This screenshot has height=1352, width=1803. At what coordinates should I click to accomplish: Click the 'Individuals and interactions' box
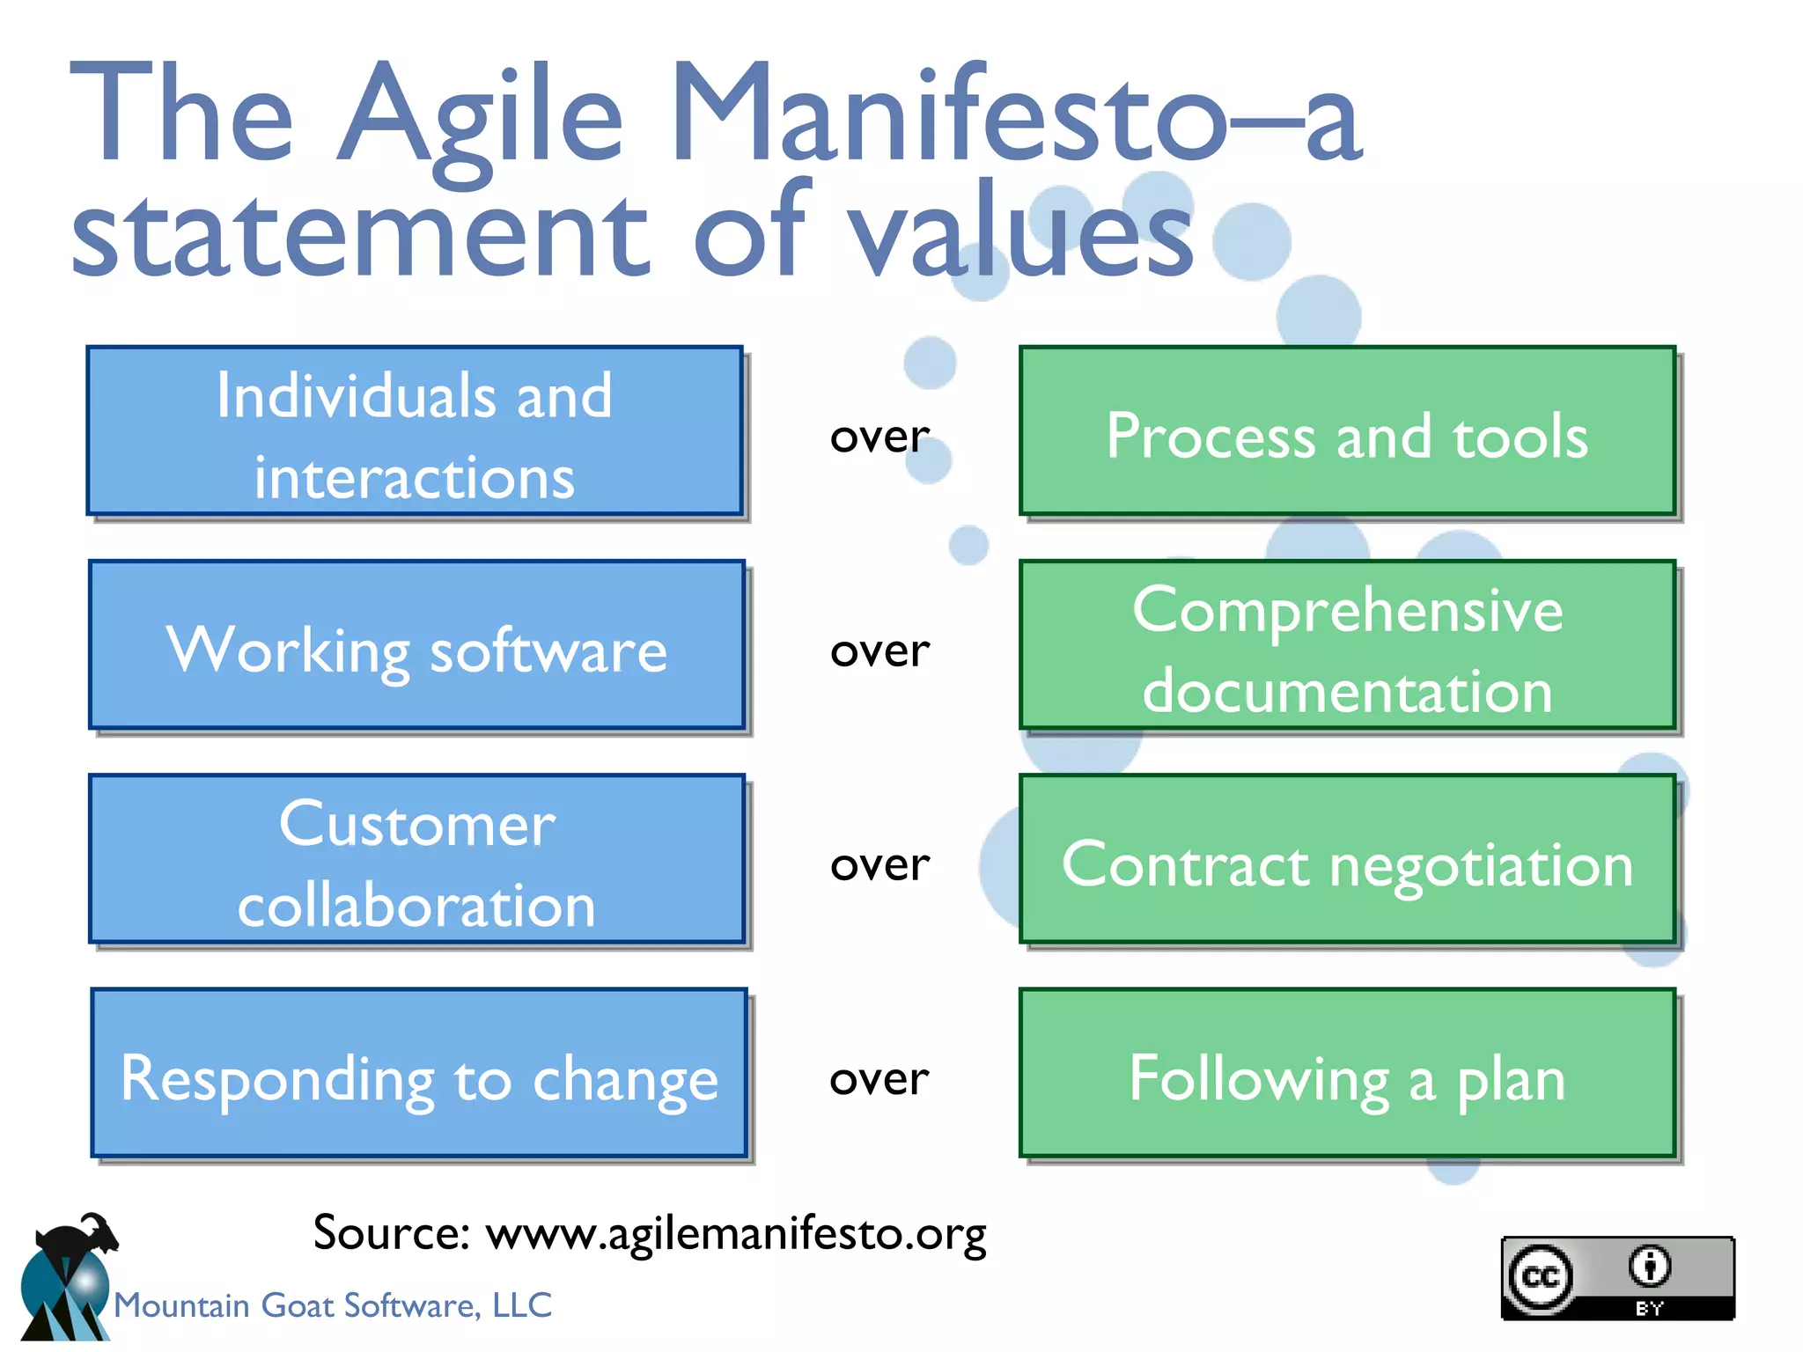pyautogui.click(x=414, y=431)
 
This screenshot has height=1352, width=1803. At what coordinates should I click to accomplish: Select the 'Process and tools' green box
pyautogui.click(x=1347, y=431)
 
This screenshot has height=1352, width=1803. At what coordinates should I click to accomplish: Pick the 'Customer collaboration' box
pyautogui.click(x=416, y=860)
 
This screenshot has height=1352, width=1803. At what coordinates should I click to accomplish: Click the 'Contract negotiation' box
pyautogui.click(x=1347, y=860)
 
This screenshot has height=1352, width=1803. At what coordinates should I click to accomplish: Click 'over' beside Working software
pyautogui.click(x=879, y=651)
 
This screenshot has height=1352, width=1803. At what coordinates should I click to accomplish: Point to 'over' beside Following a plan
pyautogui.click(x=879, y=1079)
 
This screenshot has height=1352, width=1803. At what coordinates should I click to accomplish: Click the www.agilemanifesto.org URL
pyautogui.click(x=736, y=1234)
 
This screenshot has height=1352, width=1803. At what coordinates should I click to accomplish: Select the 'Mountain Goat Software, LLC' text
pyautogui.click(x=333, y=1305)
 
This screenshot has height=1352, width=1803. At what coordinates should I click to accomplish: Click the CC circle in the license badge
pyautogui.click(x=1541, y=1277)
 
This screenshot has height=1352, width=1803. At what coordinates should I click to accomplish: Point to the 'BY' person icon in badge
pyautogui.click(x=1649, y=1267)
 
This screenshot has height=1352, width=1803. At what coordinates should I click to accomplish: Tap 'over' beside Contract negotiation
pyautogui.click(x=879, y=865)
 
